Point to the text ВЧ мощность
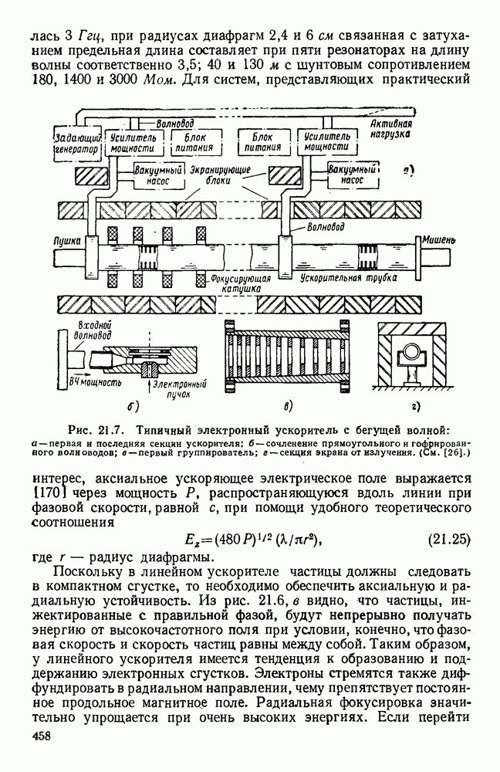(96, 381)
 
